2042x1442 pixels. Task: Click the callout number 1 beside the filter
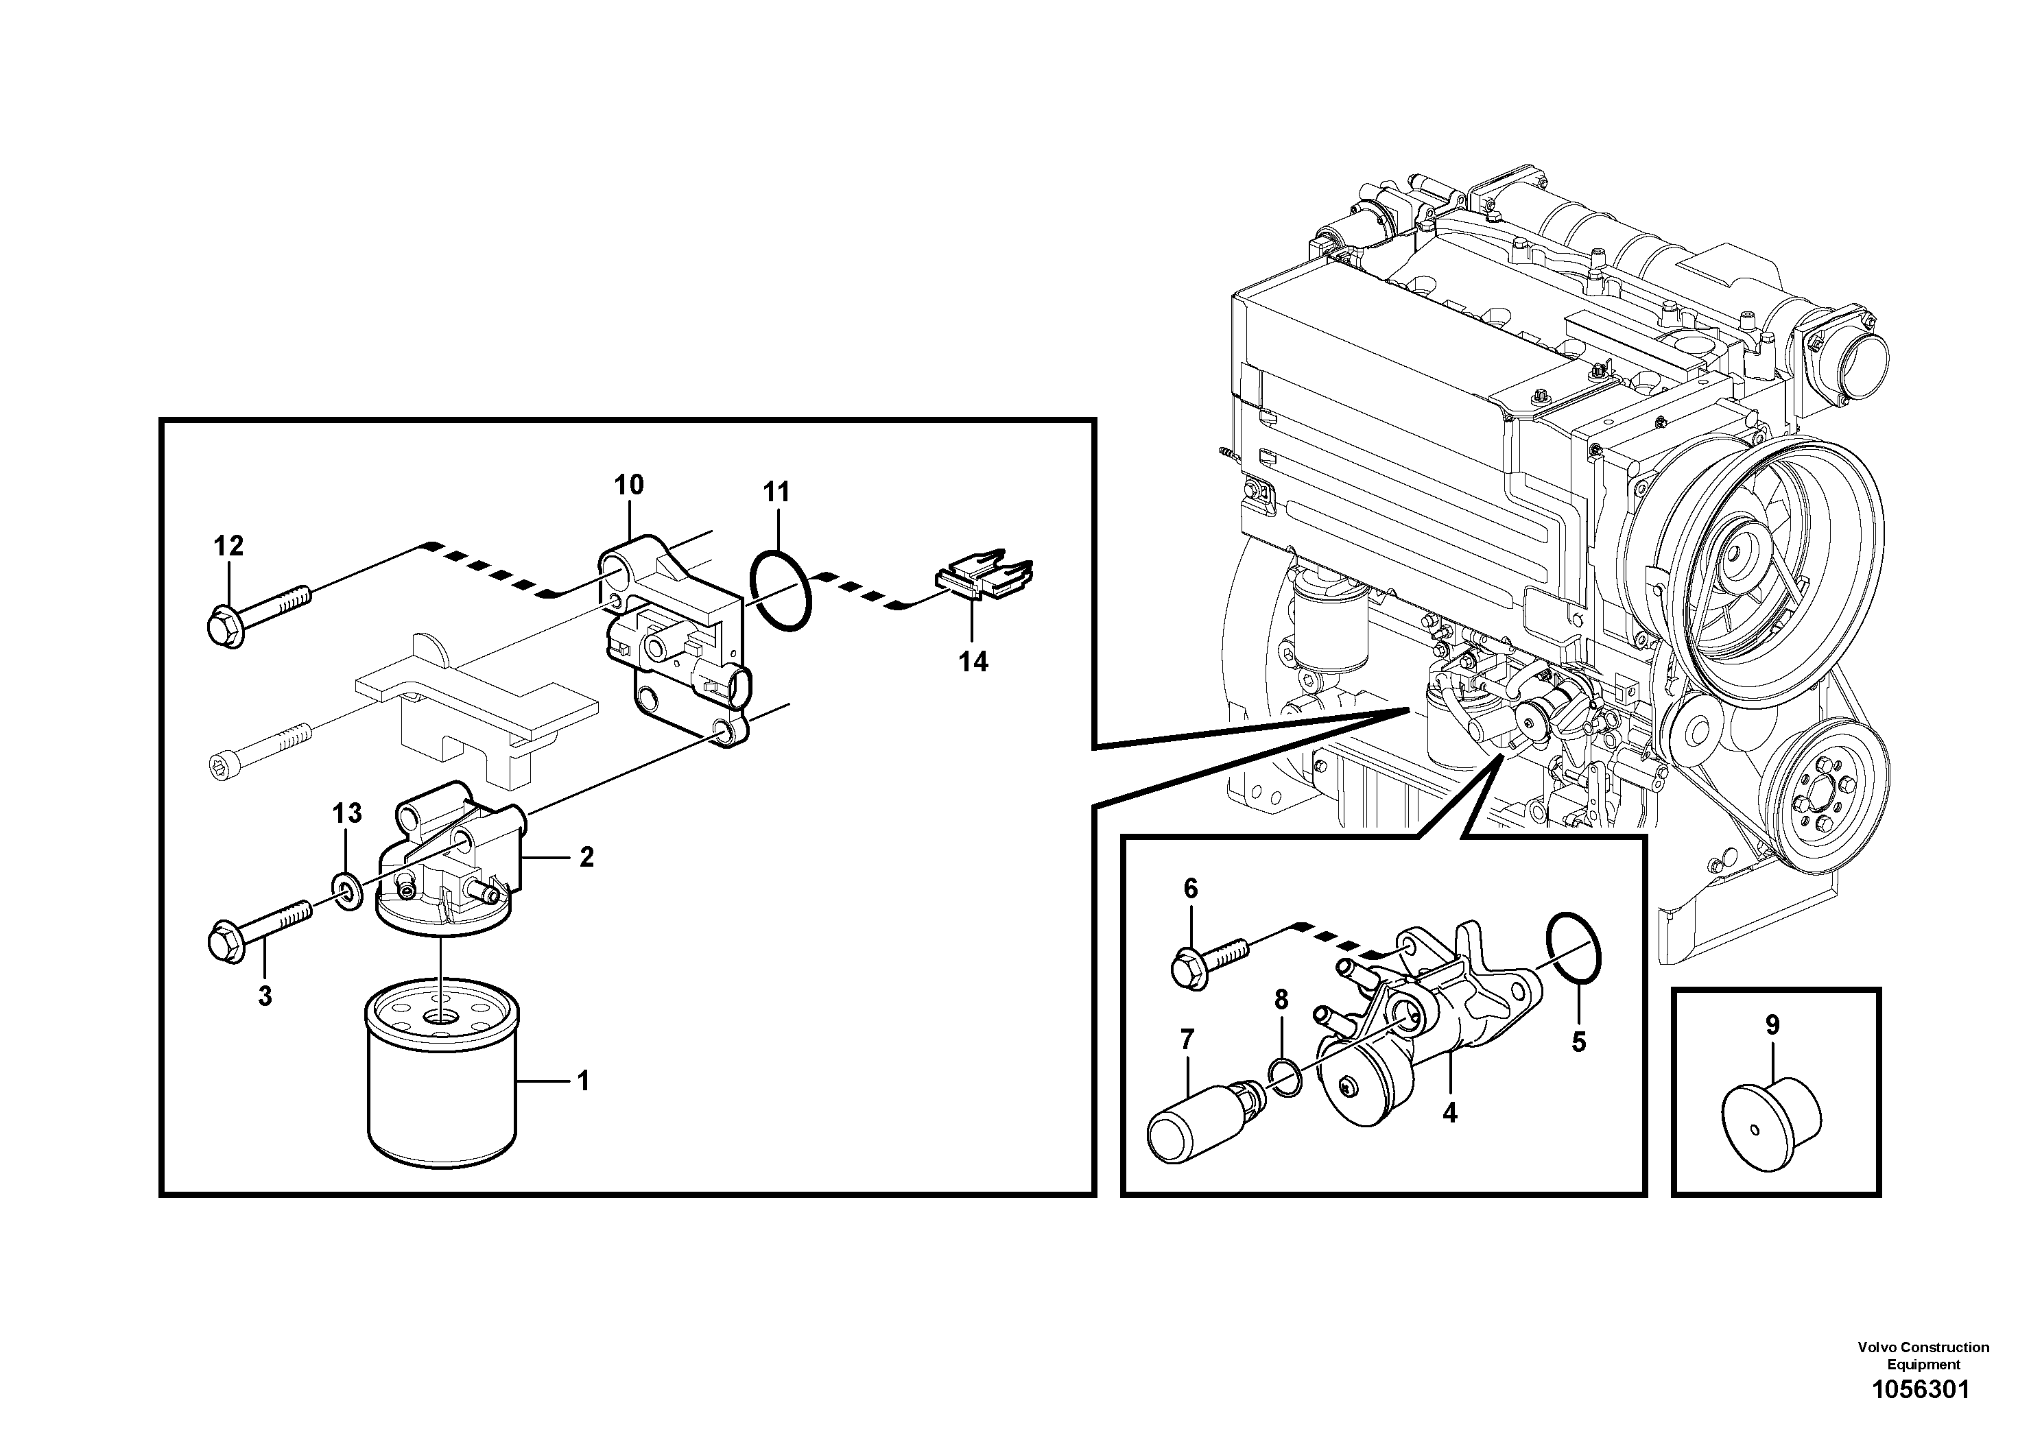pos(584,1081)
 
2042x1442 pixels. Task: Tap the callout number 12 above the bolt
pos(228,546)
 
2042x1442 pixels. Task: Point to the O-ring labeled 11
pos(780,590)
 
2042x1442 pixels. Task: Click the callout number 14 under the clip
pos(973,662)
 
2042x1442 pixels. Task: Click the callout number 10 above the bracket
pos(629,485)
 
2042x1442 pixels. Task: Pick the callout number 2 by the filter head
pos(586,857)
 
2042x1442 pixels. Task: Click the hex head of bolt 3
pos(225,942)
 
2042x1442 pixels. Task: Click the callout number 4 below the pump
pos(1449,1112)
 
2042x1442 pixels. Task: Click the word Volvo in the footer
pos(1877,1348)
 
